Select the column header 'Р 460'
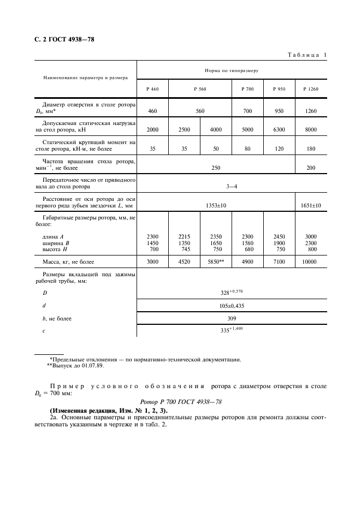pos(152,88)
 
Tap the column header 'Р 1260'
pos(311,88)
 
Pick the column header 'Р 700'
pos(248,88)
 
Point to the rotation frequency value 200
pos(311,168)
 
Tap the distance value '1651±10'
pos(311,205)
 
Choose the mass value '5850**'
pos(216,262)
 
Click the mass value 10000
pos(311,262)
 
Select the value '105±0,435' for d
pos(232,306)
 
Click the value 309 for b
pos(232,318)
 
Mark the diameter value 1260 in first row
pos(311,111)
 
